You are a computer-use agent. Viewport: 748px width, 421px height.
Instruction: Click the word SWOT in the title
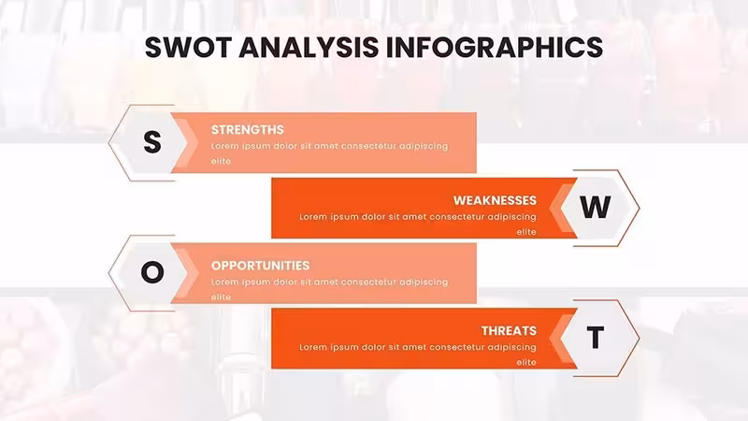tap(189, 47)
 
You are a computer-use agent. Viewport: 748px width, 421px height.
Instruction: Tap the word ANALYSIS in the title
tap(309, 47)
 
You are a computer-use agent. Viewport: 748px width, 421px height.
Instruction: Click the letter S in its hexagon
tap(152, 142)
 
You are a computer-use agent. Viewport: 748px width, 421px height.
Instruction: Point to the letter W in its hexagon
tap(596, 207)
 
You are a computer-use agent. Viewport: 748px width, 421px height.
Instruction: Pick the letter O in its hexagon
tap(152, 272)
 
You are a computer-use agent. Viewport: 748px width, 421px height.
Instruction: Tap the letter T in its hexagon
tap(596, 338)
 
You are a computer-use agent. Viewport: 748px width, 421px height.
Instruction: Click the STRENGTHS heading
tap(248, 130)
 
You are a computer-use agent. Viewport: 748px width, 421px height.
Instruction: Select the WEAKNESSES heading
tap(495, 200)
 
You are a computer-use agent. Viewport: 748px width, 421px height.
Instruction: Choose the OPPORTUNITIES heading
tap(261, 266)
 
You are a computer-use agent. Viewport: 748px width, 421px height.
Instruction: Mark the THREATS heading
tap(509, 331)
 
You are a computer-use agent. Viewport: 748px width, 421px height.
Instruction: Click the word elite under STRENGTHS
tap(221, 161)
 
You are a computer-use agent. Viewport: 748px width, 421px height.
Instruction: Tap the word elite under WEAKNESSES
tap(526, 232)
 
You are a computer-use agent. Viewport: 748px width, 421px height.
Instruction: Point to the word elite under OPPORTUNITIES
tap(221, 297)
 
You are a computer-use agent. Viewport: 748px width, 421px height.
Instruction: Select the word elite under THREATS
tap(526, 362)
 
